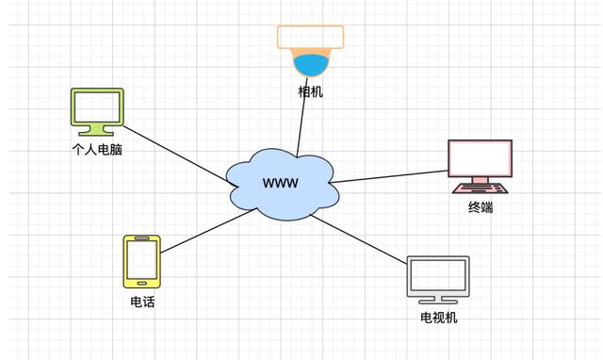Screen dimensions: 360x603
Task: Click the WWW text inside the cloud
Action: (x=280, y=182)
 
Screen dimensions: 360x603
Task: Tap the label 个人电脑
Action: (x=97, y=149)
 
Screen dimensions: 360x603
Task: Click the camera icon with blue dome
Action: (x=310, y=51)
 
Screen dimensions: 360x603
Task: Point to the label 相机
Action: (x=310, y=91)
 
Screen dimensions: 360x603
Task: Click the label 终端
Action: (x=480, y=207)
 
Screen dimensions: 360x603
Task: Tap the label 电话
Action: (x=142, y=302)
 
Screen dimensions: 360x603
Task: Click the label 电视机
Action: (x=438, y=318)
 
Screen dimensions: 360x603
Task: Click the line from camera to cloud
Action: (x=302, y=123)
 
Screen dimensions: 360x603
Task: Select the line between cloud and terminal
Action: (x=388, y=176)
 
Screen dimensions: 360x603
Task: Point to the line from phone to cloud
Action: (x=207, y=232)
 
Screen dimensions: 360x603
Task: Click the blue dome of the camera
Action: (x=310, y=64)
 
